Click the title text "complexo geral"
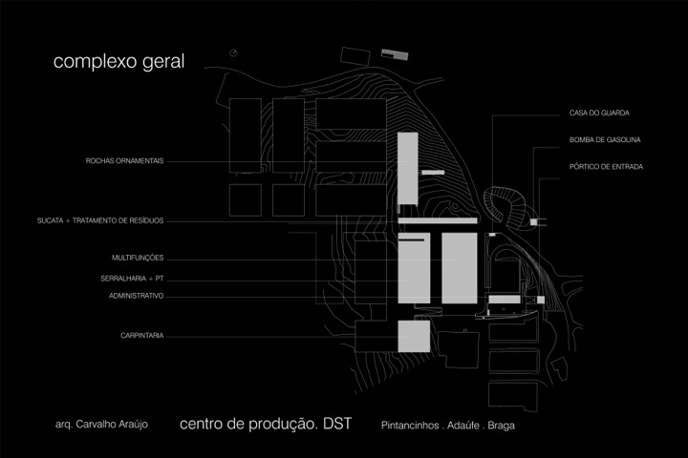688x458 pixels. [118, 62]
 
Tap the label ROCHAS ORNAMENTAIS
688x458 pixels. [124, 161]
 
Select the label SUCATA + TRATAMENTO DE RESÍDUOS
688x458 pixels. [100, 220]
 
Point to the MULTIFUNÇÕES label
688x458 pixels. [138, 258]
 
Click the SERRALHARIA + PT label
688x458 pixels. [132, 279]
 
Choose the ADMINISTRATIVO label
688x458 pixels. [136, 296]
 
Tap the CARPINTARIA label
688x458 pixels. [142, 335]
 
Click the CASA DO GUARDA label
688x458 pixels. [599, 113]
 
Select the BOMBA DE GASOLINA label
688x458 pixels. [605, 140]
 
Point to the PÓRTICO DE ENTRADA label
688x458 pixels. [607, 167]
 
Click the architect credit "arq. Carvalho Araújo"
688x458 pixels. [101, 425]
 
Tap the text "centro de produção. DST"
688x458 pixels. [266, 424]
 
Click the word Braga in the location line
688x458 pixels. [501, 426]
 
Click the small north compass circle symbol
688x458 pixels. [233, 53]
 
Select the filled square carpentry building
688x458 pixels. [414, 336]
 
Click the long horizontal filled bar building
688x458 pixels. [438, 220]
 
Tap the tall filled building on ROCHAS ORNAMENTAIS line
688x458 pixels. [408, 168]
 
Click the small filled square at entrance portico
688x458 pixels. [533, 222]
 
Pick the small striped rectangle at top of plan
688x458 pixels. [395, 54]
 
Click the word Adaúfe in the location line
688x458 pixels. [462, 426]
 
